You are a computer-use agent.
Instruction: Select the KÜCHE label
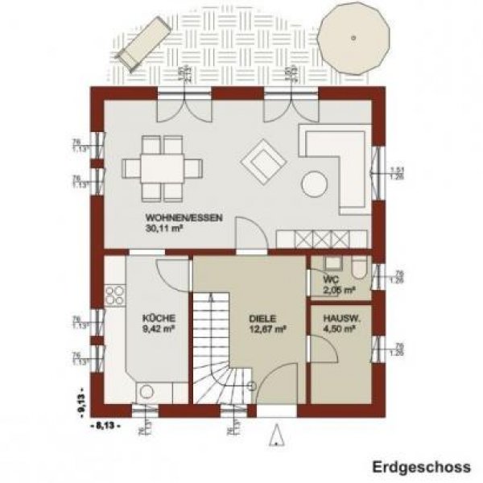coord(158,318)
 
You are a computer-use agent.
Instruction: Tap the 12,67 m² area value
coord(266,328)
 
